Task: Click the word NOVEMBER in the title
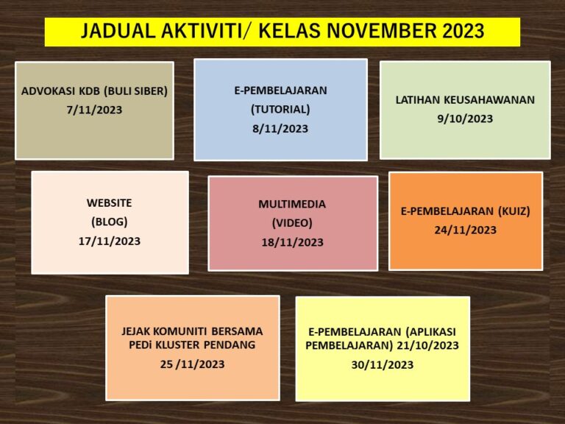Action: (381, 31)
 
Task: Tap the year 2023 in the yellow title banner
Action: (463, 31)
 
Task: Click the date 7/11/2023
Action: (94, 110)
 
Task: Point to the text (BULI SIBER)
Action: (135, 91)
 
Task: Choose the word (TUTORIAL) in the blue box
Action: (280, 109)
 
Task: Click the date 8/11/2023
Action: (280, 129)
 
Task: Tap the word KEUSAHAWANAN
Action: (489, 100)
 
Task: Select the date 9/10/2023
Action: (465, 119)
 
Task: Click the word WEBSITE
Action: (109, 203)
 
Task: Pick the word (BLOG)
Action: (109, 222)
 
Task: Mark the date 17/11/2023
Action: (109, 241)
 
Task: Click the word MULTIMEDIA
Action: (292, 204)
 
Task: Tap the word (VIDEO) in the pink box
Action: (292, 223)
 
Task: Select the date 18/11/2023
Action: (292, 242)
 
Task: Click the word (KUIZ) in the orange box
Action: (514, 211)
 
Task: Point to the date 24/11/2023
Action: (465, 230)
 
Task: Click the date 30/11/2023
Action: (383, 365)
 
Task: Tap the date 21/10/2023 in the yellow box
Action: (427, 345)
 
